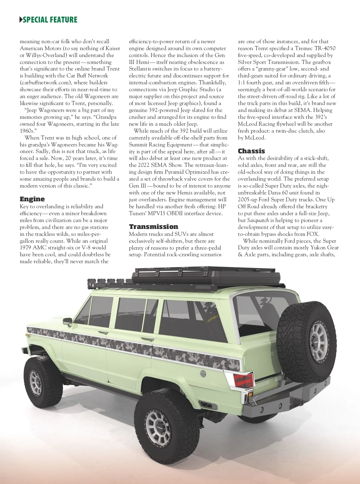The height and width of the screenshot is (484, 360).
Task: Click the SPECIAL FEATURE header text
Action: coord(50,20)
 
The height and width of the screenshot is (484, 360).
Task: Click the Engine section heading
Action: coord(32,199)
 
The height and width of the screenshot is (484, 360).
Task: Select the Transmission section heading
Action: coord(153,227)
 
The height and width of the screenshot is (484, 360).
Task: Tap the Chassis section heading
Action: coord(251,151)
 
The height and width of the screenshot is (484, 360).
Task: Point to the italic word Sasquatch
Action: coord(258,220)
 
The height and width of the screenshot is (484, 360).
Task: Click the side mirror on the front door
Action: coord(67,321)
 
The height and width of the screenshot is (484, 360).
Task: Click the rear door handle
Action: coord(147,339)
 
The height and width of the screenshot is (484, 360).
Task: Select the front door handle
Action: coord(103,332)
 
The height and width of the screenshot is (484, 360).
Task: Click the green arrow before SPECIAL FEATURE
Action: coord(21,20)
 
